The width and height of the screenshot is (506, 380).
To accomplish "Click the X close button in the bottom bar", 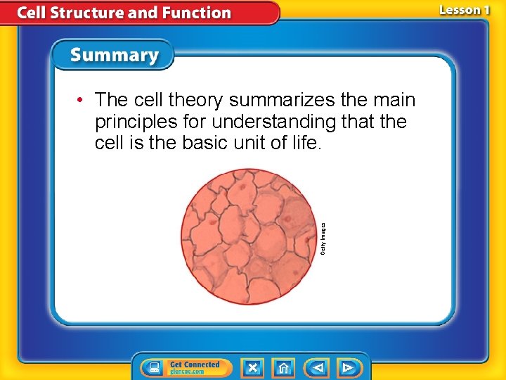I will click(x=252, y=367).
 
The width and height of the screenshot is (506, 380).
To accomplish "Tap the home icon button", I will click(x=284, y=367).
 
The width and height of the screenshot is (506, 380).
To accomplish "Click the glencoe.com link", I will click(x=187, y=372).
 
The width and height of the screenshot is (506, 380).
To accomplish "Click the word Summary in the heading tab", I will click(x=115, y=55).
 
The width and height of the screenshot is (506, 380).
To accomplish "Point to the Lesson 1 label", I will click(x=465, y=10).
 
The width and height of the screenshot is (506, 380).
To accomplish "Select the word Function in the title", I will click(x=200, y=13).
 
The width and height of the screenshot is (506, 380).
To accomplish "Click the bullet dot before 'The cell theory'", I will click(x=82, y=100).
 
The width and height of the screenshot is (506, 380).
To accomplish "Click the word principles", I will click(x=134, y=122).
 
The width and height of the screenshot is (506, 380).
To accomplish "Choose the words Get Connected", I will click(x=195, y=365).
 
